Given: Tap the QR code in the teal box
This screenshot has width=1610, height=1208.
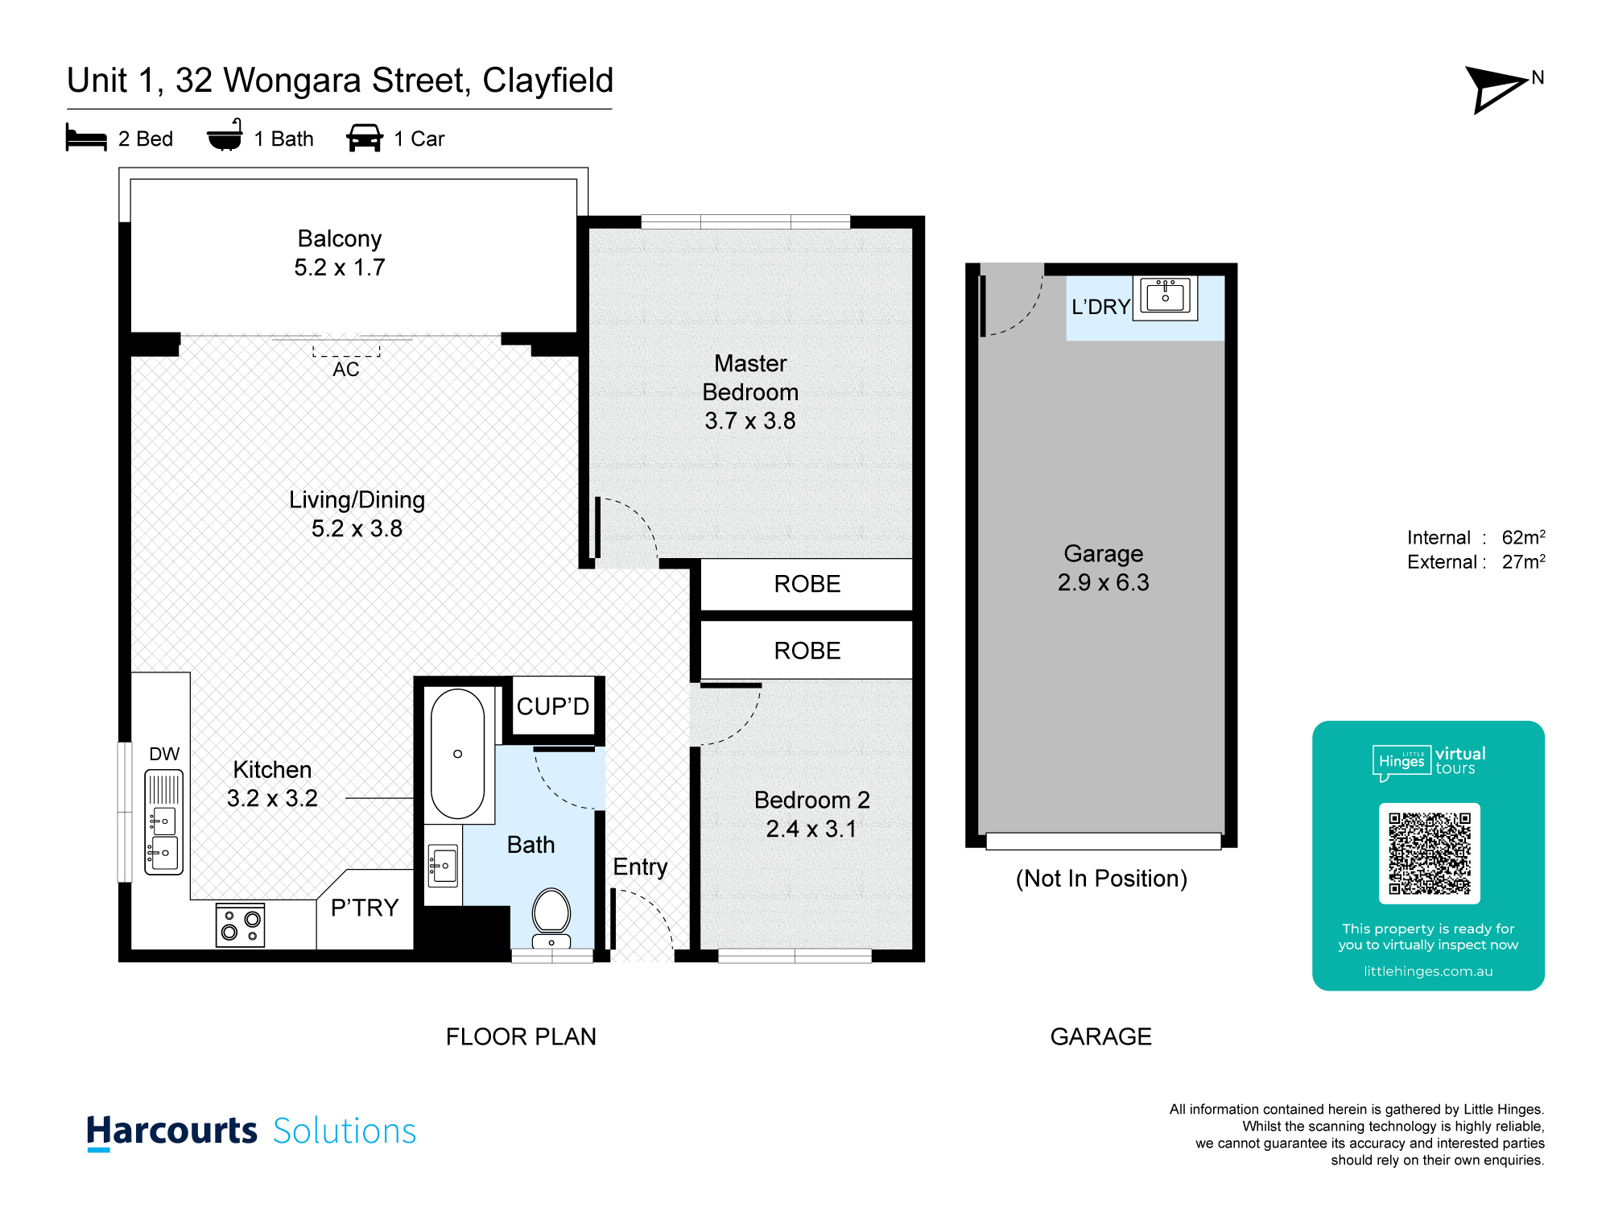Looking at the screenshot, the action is (x=1429, y=853).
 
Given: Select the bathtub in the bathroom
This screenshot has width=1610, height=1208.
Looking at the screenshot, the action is (x=457, y=754).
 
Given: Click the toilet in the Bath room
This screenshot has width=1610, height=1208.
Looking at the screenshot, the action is (x=551, y=917).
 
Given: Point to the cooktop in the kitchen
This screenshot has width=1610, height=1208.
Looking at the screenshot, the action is (x=240, y=925).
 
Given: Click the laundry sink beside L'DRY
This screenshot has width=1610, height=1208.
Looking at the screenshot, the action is (x=1165, y=297).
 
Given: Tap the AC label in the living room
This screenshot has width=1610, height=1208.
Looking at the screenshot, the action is (x=346, y=370).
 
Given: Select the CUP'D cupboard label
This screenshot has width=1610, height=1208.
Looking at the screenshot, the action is (x=553, y=706).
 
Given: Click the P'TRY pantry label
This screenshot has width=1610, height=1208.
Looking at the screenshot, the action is (x=365, y=908).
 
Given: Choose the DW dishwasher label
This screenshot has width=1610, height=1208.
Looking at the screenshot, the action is (x=164, y=754).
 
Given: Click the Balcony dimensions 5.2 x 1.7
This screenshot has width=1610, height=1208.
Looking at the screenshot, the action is (x=340, y=267).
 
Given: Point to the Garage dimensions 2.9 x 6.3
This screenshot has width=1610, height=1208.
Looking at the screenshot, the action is (x=1103, y=582).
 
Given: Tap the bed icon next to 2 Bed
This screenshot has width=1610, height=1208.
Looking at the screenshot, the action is (x=86, y=138).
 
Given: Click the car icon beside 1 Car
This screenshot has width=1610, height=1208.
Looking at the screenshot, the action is (x=365, y=138).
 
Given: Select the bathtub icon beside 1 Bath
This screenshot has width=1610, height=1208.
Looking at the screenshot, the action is (x=225, y=135).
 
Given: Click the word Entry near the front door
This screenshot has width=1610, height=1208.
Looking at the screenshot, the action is (x=640, y=867).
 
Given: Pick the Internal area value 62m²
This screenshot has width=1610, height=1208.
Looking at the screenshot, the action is (x=1523, y=537).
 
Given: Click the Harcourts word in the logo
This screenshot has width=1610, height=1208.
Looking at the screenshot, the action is (x=171, y=1131).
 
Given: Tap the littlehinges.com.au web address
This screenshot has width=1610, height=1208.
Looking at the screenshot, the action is (x=1428, y=971).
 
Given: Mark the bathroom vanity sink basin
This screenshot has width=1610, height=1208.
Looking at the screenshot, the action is (x=443, y=866).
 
